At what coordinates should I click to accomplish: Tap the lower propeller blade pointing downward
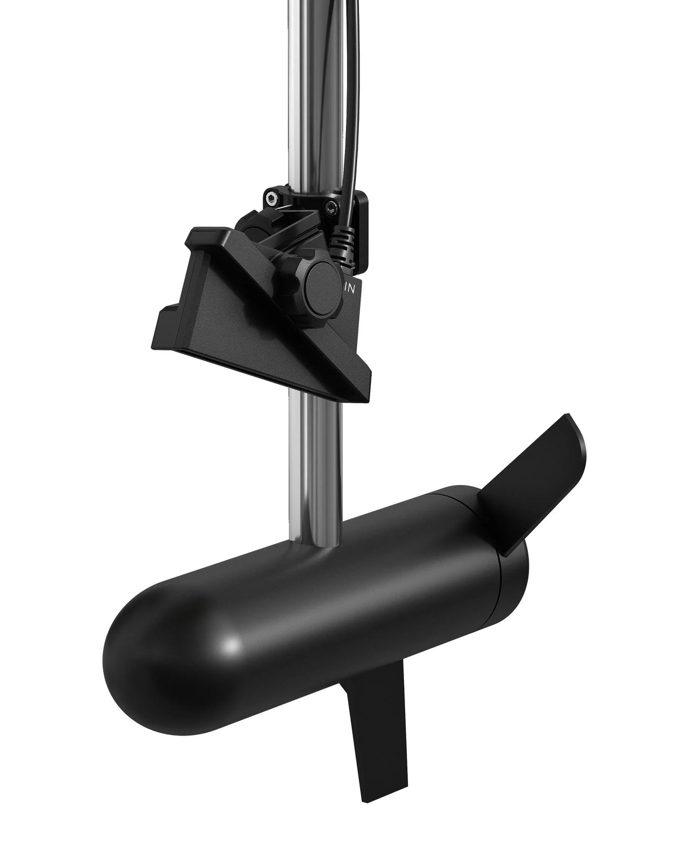pyautogui.click(x=369, y=727)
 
